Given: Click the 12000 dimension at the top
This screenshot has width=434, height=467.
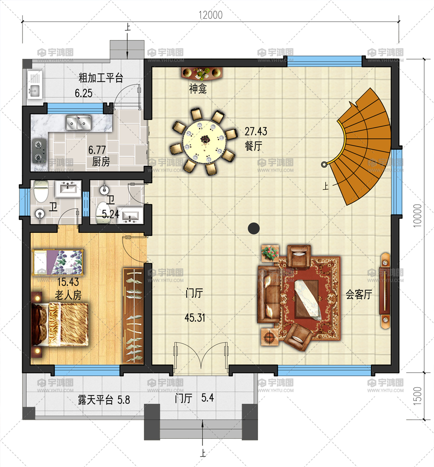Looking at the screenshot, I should [210, 15].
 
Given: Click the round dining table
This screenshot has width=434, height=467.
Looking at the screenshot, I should [205, 140].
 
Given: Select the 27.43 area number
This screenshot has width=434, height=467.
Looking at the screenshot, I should [256, 132].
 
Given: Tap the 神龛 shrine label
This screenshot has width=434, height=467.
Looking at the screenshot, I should [198, 90].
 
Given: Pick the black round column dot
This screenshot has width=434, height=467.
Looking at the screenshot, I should [253, 228].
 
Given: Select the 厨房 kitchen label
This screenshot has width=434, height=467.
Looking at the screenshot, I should [101, 162].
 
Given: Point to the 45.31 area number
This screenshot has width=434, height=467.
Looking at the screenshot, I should [194, 317].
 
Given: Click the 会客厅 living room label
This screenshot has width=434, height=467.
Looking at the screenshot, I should [359, 294].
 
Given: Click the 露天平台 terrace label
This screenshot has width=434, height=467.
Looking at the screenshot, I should [96, 400].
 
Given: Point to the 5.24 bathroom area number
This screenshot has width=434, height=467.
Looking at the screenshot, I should [111, 215].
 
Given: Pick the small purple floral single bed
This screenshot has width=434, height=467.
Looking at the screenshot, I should [58, 261].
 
